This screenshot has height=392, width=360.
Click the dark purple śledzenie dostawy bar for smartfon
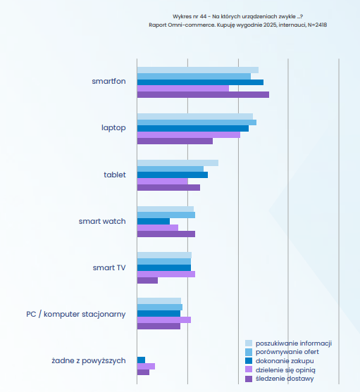pos(203,95)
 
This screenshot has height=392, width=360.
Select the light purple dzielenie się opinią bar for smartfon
pos(183,89)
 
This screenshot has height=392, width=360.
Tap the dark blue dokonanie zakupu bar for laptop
pos(193,129)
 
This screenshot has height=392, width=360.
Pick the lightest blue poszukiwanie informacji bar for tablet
pos(178,163)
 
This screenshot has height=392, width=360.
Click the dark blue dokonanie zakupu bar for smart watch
pos(154,222)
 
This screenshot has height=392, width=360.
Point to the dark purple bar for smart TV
pos(147,281)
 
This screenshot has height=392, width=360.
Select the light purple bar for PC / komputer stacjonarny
pos(164,320)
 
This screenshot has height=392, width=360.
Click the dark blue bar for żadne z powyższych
pos(141,360)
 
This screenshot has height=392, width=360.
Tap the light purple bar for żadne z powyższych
pos(146,367)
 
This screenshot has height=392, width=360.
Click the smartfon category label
pos(108,81)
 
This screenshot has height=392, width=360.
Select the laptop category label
pos(113,128)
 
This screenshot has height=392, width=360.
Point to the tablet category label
pos(115,175)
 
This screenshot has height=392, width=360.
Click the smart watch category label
pos(102,221)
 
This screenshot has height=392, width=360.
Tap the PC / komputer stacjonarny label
pos(76,315)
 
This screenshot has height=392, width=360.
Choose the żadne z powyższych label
pos(89,361)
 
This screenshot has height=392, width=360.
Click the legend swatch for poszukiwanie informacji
pos(249,343)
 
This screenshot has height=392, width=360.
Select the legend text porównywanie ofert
pos(287,352)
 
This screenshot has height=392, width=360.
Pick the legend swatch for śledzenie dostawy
pos(249,379)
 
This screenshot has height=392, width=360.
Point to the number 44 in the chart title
pos(203,16)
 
